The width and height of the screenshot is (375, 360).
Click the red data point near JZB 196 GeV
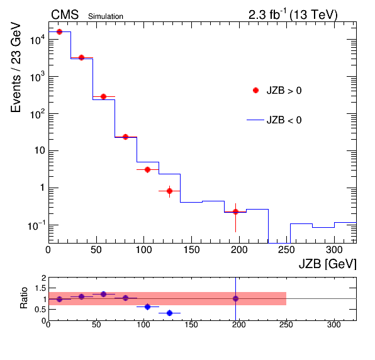235,211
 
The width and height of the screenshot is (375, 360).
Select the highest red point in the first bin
59,31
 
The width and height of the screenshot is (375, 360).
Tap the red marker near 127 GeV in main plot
169,191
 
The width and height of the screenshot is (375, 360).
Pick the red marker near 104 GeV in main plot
148,169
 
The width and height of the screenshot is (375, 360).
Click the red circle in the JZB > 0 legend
255,91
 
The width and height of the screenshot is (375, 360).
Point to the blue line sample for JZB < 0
255,120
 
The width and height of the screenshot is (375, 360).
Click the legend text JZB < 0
284,120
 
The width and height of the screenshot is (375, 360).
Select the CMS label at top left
65,14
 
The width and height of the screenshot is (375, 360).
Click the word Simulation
106,16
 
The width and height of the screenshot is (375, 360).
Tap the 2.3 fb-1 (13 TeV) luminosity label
293,14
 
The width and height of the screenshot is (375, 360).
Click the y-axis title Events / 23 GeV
16,67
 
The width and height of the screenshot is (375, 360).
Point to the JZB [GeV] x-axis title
328,264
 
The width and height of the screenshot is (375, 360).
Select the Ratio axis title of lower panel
24,298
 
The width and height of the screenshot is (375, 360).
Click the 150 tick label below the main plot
191,250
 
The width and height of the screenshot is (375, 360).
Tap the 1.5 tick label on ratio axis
40,288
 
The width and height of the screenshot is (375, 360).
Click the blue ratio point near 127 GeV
169,313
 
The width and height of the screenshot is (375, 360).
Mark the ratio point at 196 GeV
235,298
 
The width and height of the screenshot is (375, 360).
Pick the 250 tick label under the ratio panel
286,325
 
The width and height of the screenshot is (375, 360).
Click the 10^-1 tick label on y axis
36,225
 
